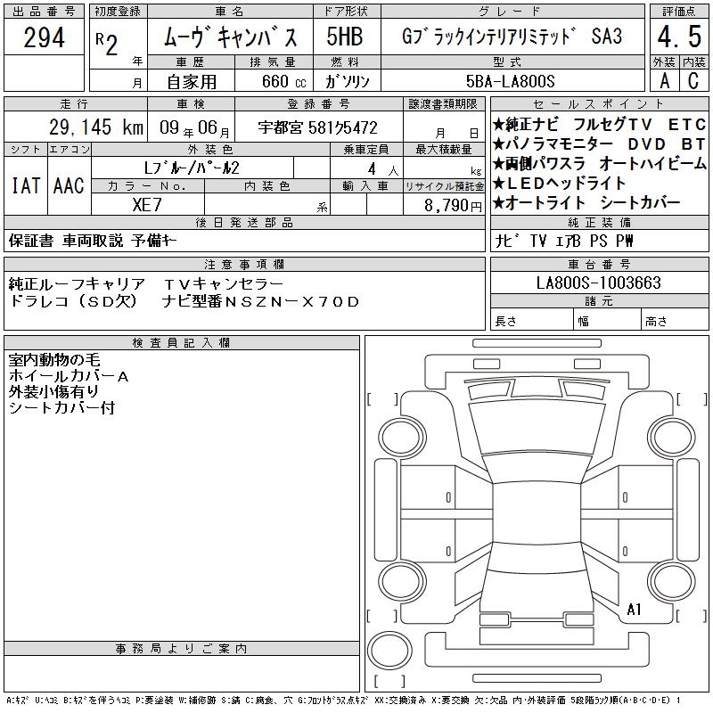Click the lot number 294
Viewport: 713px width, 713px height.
pyautogui.click(x=44, y=37)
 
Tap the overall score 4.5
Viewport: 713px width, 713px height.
pyautogui.click(x=679, y=37)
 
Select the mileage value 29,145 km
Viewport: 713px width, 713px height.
pyautogui.click(x=96, y=127)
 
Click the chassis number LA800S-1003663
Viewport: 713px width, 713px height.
pyautogui.click(x=598, y=283)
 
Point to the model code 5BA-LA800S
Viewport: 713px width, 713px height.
pyautogui.click(x=510, y=81)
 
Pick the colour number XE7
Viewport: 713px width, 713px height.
pyautogui.click(x=147, y=205)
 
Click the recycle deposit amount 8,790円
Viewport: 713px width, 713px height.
pyautogui.click(x=453, y=206)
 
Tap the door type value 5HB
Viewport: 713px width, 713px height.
pyautogui.click(x=345, y=37)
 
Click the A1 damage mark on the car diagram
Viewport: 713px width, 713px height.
pyautogui.click(x=634, y=610)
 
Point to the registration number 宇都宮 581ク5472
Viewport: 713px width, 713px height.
pyautogui.click(x=317, y=127)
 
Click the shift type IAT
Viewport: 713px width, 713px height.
pyautogui.click(x=26, y=185)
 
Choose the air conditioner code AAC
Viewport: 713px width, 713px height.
pyautogui.click(x=69, y=185)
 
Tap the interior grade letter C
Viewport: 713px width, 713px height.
pyautogui.click(x=693, y=81)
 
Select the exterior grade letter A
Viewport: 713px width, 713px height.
pyautogui.click(x=665, y=81)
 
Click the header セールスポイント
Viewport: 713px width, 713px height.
pyautogui.click(x=599, y=104)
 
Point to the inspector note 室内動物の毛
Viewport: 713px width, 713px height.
pyautogui.click(x=54, y=360)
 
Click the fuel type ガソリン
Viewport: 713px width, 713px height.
pyautogui.click(x=348, y=81)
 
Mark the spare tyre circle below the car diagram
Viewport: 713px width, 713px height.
pyautogui.click(x=389, y=650)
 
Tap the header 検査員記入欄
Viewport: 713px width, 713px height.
pyautogui.click(x=181, y=342)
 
